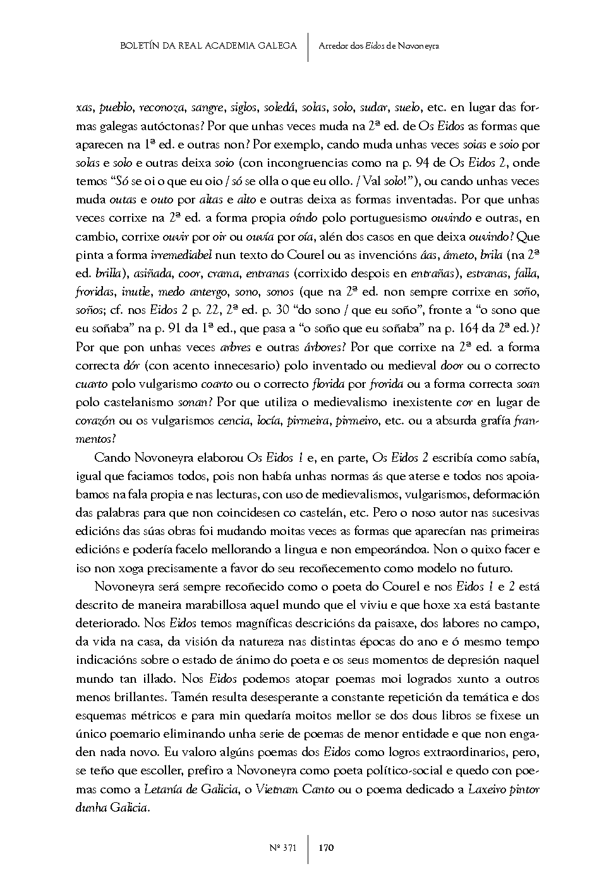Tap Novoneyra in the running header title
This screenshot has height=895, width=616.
coord(419,45)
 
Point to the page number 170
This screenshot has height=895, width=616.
coord(326,848)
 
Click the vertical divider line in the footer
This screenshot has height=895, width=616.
coord(308,848)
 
